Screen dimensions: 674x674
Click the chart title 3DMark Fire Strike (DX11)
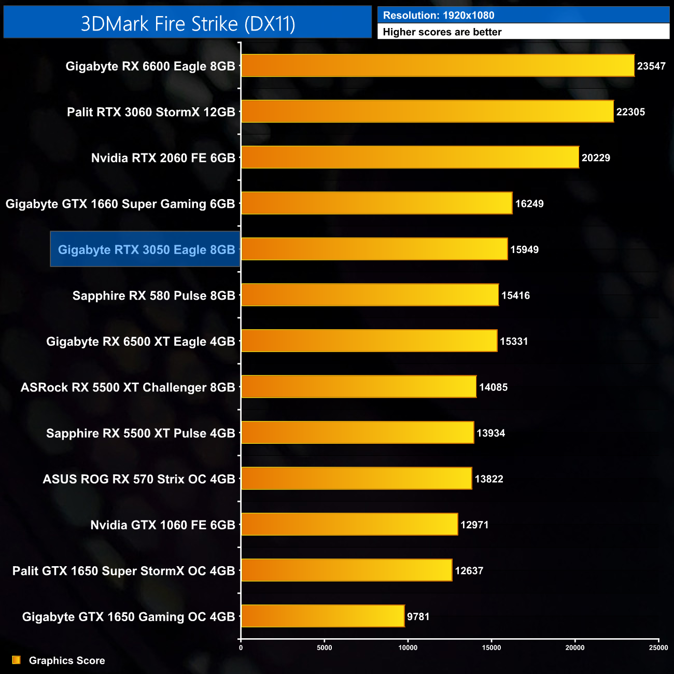tap(188, 23)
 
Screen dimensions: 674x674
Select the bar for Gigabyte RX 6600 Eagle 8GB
tap(438, 66)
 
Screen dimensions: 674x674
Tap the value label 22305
tap(630, 112)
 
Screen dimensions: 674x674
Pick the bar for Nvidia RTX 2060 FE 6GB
tap(410, 158)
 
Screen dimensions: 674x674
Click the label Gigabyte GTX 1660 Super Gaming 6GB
tap(120, 204)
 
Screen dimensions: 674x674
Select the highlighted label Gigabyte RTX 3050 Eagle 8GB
tap(146, 249)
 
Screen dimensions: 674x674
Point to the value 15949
tap(524, 249)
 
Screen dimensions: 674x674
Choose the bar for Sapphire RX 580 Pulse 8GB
tap(370, 295)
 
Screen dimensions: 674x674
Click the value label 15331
tap(514, 341)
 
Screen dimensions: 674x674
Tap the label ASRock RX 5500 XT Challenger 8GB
tap(128, 387)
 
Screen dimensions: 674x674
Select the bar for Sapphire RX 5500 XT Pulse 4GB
tap(358, 433)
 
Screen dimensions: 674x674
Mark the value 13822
tap(489, 479)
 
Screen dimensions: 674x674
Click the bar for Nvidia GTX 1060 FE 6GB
tap(349, 525)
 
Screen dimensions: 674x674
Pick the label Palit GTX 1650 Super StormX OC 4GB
tap(124, 571)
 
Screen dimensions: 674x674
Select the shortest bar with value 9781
tap(322, 616)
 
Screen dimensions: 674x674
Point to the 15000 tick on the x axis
tap(492, 648)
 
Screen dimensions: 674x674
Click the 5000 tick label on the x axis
tap(325, 648)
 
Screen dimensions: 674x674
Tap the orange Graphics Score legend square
tap(17, 660)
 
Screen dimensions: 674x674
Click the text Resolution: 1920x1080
tap(439, 16)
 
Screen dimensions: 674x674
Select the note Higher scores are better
tap(442, 32)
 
